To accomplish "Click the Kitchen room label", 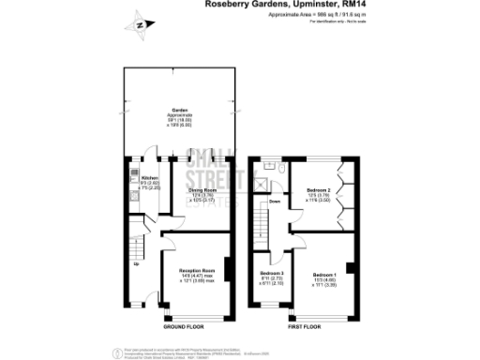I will [150, 177].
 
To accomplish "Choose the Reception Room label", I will [198, 269].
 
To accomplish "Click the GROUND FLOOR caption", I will [183, 327].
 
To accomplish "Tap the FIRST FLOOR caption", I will [305, 327].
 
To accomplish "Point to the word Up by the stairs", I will [137, 262].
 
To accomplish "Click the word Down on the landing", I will [275, 201].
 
